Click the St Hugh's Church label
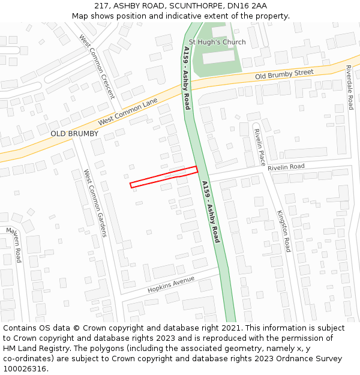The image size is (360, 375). pos(217,42)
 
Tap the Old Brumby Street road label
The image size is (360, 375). pos(284,75)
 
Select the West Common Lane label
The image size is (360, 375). pos(128,112)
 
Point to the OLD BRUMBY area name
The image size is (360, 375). pos(74,133)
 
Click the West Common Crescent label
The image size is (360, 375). pos(97,58)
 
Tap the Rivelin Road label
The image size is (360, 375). pos(286,167)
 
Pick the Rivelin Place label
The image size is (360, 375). pos(259,146)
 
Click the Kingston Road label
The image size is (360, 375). pos(284,230)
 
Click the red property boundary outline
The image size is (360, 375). pos(164,177)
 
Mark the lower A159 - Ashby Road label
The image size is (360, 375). pos(211,212)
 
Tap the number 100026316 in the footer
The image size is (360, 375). pos(24,368)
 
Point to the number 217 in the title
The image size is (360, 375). pos(101,5)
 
